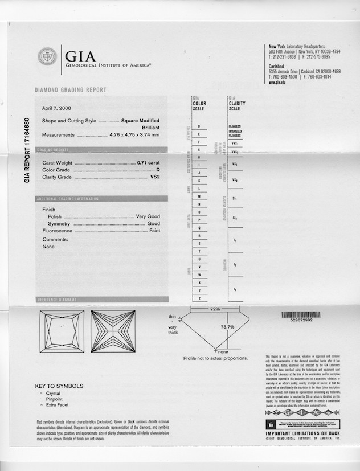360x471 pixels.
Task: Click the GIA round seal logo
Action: tap(47, 56)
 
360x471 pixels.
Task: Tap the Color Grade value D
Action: tap(158, 170)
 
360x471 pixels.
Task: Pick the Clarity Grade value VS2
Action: tap(154, 177)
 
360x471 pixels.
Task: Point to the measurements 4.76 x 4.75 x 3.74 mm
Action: tap(134, 135)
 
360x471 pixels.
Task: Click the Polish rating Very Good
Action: tap(148, 216)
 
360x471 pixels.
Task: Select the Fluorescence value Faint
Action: tap(154, 231)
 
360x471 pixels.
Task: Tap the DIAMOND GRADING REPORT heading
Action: tap(71, 90)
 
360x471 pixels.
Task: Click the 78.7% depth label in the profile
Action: tap(227, 327)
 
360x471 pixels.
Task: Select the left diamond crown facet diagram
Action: tap(62, 331)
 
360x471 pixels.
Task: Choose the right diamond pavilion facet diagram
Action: tap(113, 331)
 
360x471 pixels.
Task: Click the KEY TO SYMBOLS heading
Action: tap(59, 386)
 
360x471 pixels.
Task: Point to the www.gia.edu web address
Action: tap(277, 83)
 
